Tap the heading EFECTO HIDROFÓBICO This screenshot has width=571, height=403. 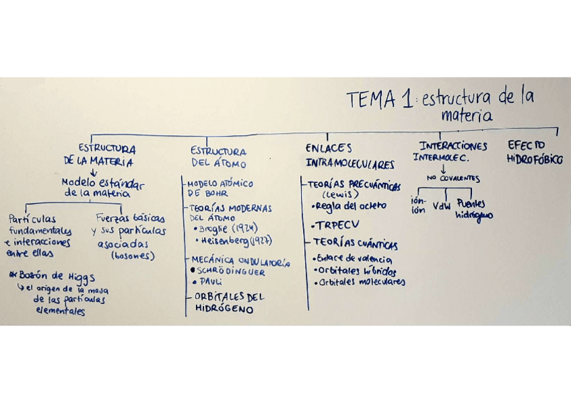534,153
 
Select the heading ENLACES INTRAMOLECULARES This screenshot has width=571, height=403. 349,155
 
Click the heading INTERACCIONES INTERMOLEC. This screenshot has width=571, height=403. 452,152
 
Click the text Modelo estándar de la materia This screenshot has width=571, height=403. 102,188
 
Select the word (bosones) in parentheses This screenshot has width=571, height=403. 133,256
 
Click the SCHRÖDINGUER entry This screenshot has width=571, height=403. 232,272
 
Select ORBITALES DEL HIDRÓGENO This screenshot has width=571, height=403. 228,302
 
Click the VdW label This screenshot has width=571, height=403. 442,206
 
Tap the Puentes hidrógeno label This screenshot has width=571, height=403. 473,209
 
